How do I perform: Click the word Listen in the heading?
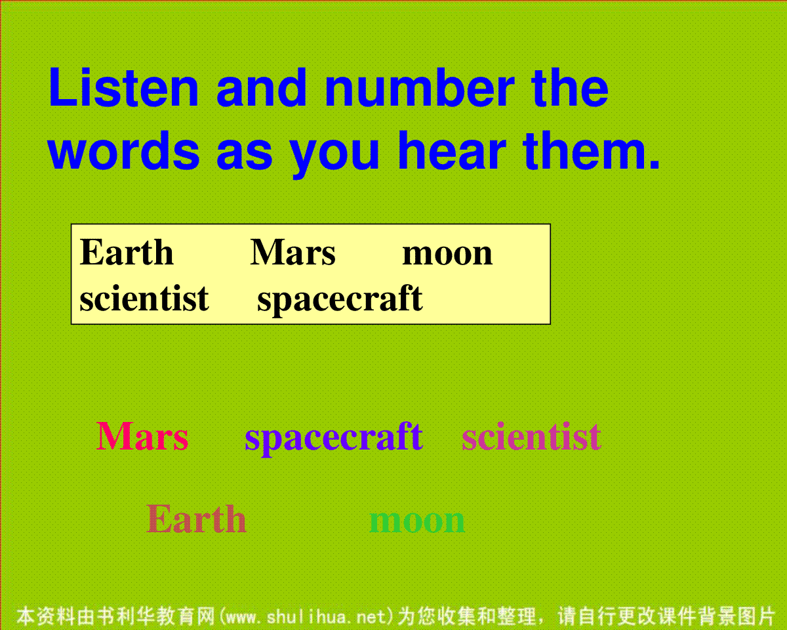click(x=123, y=87)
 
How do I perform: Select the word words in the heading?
click(x=123, y=151)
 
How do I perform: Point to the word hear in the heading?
click(x=452, y=151)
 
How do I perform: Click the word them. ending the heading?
click(x=592, y=151)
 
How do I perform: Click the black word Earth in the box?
click(x=127, y=252)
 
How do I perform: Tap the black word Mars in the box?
click(x=293, y=252)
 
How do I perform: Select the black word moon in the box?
click(x=447, y=254)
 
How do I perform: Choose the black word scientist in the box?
click(x=144, y=298)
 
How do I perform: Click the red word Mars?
click(x=142, y=436)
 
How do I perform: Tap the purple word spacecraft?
click(x=334, y=439)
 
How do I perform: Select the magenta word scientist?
click(x=531, y=436)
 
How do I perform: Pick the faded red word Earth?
click(x=196, y=518)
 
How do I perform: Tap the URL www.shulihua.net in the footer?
click(x=306, y=617)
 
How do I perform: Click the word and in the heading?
click(x=262, y=87)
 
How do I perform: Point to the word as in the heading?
click(x=244, y=156)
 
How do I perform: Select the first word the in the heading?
click(x=570, y=87)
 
